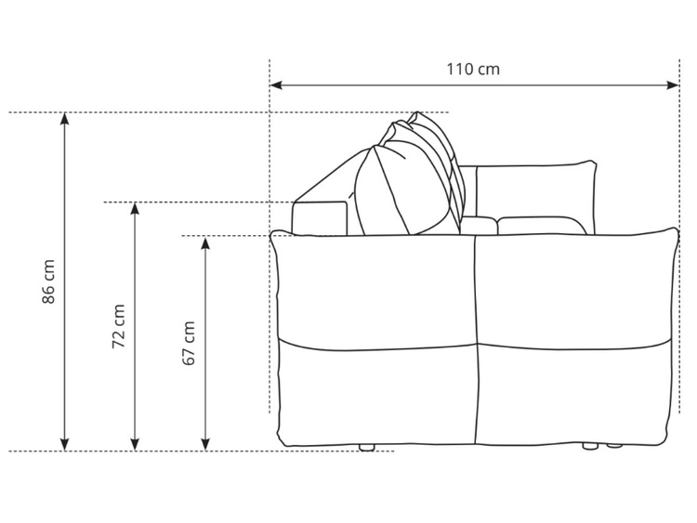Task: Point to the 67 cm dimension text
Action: click(x=189, y=343)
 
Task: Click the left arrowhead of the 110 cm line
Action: click(x=276, y=85)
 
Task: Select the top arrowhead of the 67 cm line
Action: click(x=205, y=242)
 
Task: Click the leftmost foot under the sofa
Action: click(x=366, y=448)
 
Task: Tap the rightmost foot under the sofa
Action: click(x=612, y=447)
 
